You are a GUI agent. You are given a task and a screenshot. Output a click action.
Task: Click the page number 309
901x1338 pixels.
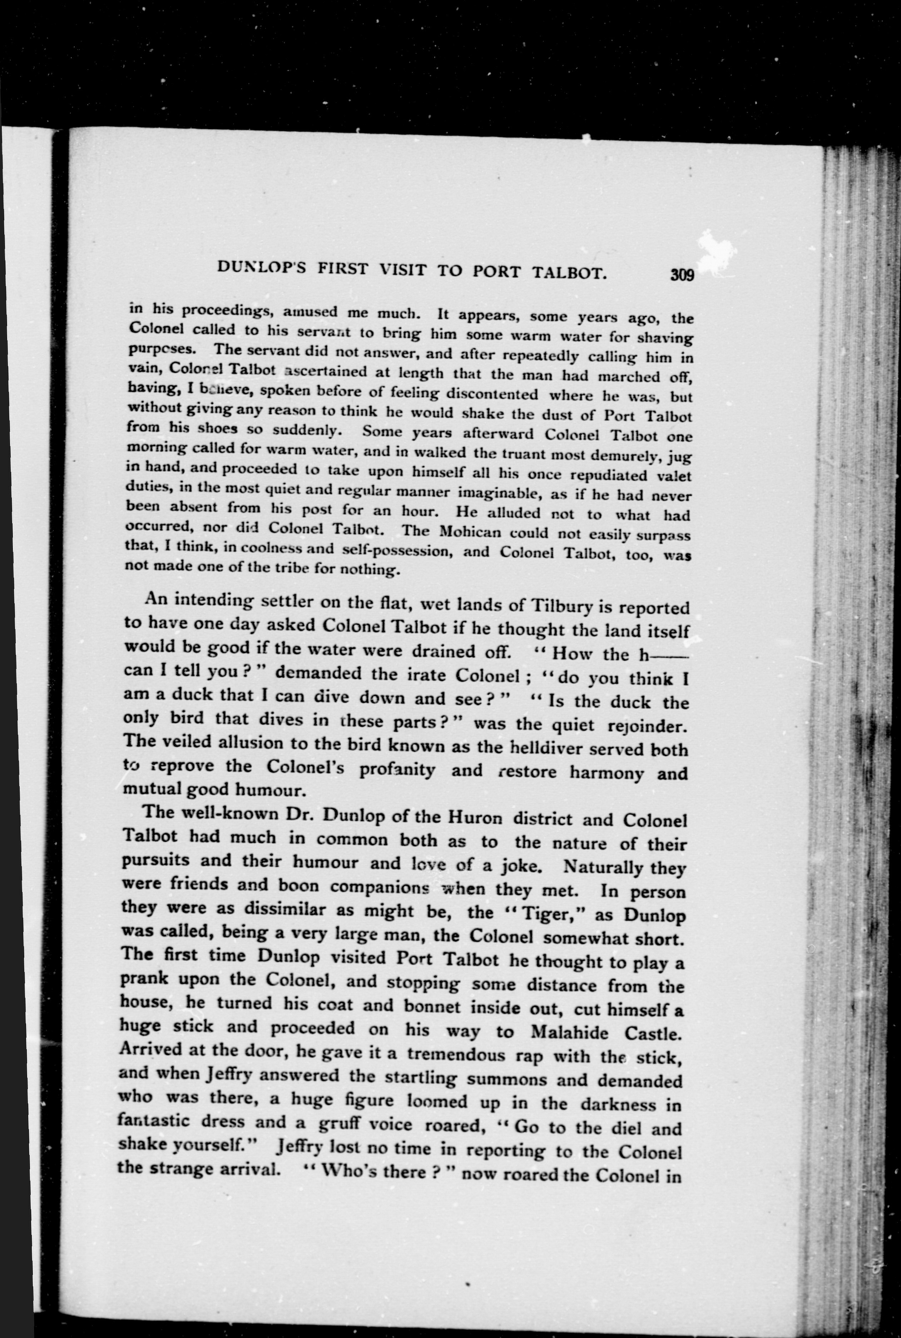[682, 274]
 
